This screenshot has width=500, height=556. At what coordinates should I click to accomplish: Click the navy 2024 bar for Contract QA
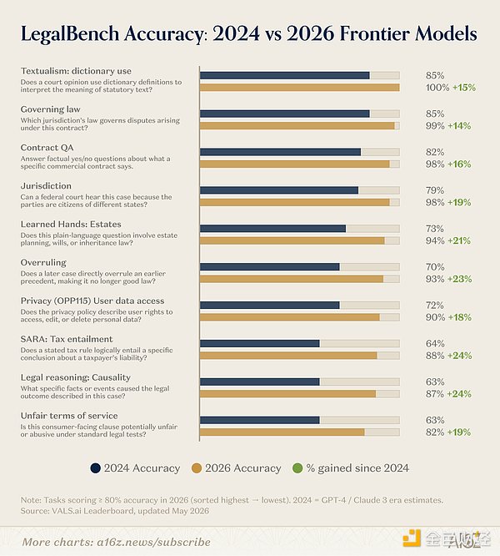[280, 152]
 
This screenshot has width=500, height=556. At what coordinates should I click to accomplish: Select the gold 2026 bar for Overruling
[292, 279]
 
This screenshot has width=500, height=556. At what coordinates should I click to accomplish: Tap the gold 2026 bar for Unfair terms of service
[282, 432]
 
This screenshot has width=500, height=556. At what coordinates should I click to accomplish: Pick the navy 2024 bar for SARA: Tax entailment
[260, 344]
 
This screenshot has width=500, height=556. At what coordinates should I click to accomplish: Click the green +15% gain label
[464, 88]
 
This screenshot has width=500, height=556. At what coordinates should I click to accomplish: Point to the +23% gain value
[459, 279]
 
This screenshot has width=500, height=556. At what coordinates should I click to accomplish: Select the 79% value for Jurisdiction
[435, 190]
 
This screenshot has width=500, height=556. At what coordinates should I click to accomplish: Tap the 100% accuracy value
[437, 88]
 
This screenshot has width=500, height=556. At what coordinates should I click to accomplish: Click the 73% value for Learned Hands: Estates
[435, 229]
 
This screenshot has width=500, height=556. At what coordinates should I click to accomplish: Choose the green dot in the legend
[298, 468]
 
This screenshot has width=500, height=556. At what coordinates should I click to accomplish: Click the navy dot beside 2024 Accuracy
[96, 468]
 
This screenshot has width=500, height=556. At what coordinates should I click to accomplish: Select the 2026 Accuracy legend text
[243, 468]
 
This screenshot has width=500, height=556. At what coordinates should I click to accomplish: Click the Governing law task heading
[51, 109]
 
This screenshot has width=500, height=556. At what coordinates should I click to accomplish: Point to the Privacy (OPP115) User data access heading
[92, 301]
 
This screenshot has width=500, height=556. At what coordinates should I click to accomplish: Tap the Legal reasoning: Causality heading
[75, 377]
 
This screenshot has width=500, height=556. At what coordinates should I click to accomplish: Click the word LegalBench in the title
[70, 34]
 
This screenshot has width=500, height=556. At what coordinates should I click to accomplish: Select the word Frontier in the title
[373, 33]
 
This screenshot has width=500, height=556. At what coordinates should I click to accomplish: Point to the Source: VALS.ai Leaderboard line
[115, 511]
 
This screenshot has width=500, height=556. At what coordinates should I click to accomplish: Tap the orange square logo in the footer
[411, 538]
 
